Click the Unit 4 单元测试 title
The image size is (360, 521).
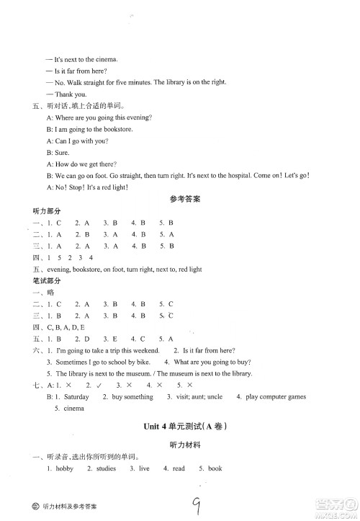click(180, 426)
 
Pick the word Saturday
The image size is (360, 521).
click(77, 397)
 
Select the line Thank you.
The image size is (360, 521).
click(71, 94)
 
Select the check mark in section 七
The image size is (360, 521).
click(99, 385)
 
